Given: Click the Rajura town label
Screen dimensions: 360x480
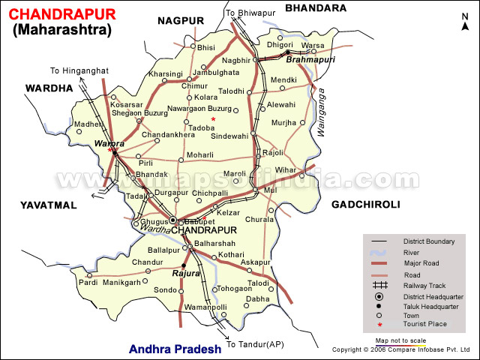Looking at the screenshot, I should coord(186,274).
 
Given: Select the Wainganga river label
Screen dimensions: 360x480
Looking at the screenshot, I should coord(322,113).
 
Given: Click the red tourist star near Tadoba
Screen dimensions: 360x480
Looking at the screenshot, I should coord(213,119).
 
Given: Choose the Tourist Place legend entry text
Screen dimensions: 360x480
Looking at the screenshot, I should coord(426,323).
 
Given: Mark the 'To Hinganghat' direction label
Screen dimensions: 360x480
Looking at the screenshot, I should coord(76,70).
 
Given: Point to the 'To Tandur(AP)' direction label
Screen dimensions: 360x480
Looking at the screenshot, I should coord(255,344).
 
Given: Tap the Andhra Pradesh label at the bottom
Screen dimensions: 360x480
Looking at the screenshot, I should coord(175,349).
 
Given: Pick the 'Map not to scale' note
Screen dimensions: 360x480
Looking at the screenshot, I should coord(400,340).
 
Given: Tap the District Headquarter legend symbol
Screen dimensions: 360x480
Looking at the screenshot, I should coord(380,298).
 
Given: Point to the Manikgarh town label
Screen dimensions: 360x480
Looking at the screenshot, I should coord(121,283).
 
